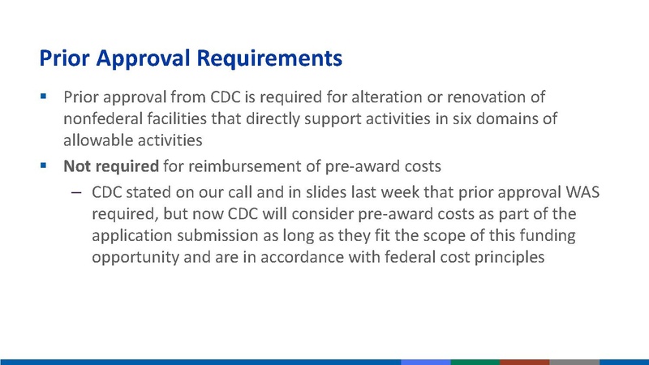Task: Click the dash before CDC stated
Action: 76,195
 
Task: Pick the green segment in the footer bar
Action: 475,361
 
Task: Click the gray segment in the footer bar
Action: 574,361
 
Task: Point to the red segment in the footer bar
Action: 524,361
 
